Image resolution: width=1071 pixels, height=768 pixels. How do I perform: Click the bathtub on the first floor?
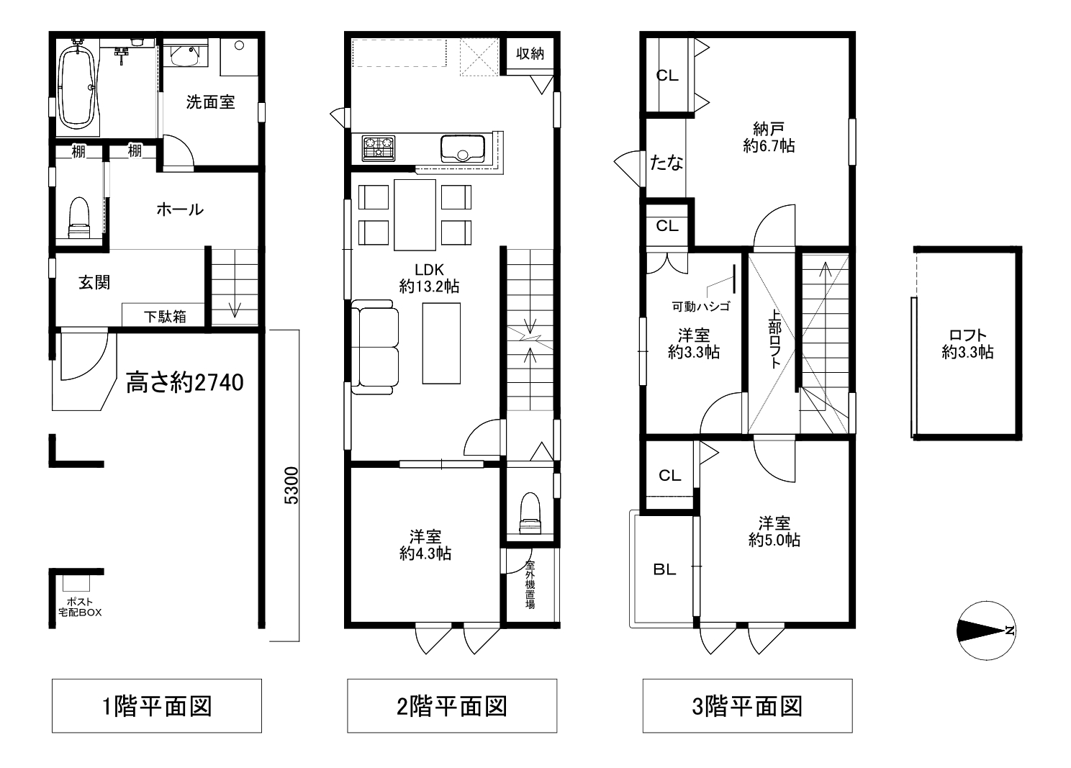coord(76,88)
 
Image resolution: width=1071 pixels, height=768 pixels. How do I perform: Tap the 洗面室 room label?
coord(210,102)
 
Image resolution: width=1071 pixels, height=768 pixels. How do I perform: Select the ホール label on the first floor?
coord(180,209)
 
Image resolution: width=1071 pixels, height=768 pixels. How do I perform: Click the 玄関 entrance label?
coord(94,282)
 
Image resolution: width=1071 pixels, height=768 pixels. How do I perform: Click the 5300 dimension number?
coord(292,485)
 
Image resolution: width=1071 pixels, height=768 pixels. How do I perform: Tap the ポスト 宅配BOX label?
coord(80,607)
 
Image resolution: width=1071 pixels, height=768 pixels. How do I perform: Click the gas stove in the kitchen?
coord(379,148)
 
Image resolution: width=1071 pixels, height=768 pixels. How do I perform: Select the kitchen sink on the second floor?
coord(463,149)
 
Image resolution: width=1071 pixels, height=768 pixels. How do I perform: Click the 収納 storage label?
coord(530,53)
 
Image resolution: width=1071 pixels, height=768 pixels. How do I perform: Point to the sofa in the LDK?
coord(375,347)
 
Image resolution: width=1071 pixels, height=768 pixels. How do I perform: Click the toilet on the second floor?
coord(530,512)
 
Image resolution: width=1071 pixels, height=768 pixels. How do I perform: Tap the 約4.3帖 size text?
coord(425,554)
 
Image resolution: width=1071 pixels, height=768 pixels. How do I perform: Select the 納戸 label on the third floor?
coord(769,129)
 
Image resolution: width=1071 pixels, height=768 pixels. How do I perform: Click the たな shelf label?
coord(666,163)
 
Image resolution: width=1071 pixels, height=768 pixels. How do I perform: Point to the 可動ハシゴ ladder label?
coord(701,307)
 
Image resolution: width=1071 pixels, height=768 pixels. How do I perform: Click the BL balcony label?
coord(664,569)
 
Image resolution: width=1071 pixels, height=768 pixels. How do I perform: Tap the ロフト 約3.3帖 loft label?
coord(968,343)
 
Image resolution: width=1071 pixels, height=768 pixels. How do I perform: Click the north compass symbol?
coord(986,631)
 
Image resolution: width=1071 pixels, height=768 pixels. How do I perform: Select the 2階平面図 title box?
coord(452,705)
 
